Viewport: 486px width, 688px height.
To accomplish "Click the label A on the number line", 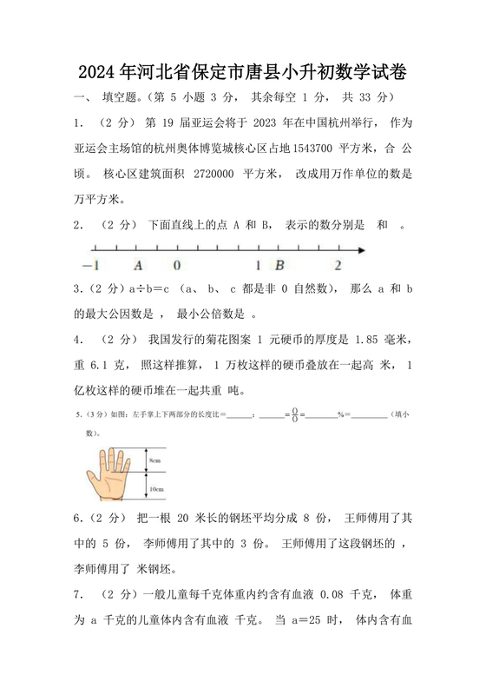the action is (138, 265).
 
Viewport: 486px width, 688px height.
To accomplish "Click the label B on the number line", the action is (279, 265).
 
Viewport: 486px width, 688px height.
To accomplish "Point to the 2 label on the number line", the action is (337, 265).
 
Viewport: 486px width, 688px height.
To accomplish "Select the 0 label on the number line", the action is (177, 265).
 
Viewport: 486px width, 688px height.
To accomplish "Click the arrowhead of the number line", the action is (362, 250).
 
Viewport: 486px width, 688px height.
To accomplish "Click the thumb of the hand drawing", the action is (94, 482).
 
